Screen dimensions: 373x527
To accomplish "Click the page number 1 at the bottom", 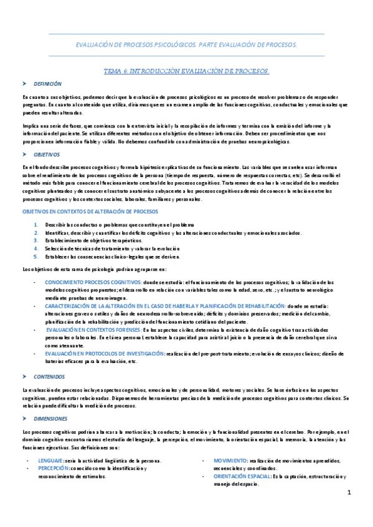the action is [350, 493].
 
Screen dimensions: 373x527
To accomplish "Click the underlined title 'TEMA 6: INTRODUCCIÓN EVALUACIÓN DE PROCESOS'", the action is [186, 71].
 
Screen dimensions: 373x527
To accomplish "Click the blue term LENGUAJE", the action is [50, 461].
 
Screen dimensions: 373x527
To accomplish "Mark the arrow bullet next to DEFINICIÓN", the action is [24, 83].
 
